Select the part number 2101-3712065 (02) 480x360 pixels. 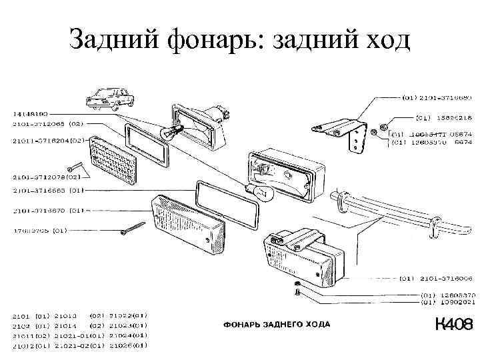46,123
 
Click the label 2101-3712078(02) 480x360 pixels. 45,177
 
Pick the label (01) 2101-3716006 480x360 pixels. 437,279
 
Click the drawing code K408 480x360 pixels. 453,325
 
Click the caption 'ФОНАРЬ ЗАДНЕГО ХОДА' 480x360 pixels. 275,325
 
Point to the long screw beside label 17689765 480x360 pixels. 133,229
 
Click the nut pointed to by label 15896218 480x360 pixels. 385,126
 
